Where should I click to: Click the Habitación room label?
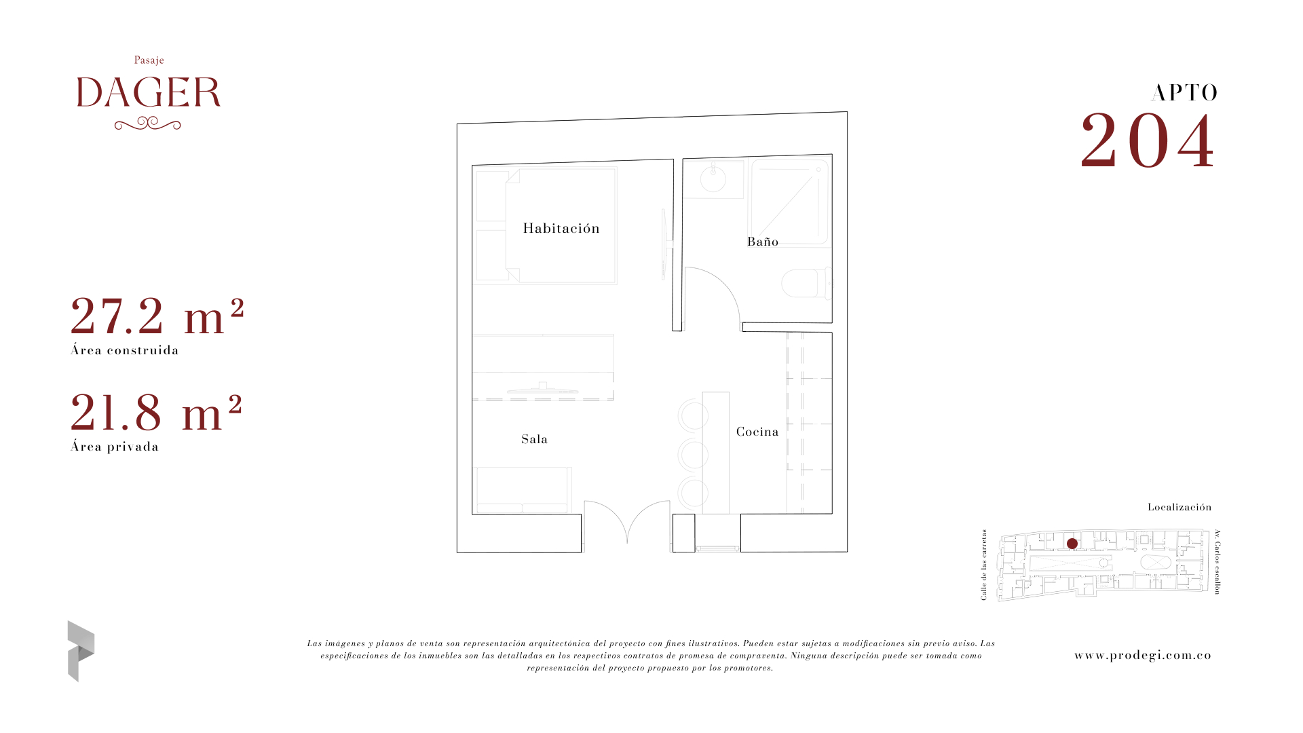pyautogui.click(x=561, y=228)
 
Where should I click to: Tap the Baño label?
pyautogui.click(x=763, y=242)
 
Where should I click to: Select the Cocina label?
pyautogui.click(x=757, y=432)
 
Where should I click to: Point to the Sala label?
pyautogui.click(x=534, y=439)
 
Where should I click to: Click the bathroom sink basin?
pyautogui.click(x=713, y=179)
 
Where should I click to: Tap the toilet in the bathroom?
pyautogui.click(x=806, y=283)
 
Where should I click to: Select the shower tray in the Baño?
pyautogui.click(x=789, y=202)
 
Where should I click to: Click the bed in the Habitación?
pyautogui.click(x=561, y=226)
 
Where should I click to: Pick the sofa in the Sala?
pyautogui.click(x=523, y=490)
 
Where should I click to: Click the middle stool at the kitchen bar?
pyautogui.click(x=693, y=455)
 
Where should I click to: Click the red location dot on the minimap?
pyautogui.click(x=1072, y=544)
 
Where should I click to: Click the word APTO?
pyautogui.click(x=1184, y=93)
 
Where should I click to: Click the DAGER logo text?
pyautogui.click(x=149, y=92)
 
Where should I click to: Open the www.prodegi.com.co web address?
pyautogui.click(x=1143, y=655)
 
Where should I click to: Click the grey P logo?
pyautogui.click(x=81, y=651)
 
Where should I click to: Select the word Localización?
pyautogui.click(x=1179, y=507)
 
